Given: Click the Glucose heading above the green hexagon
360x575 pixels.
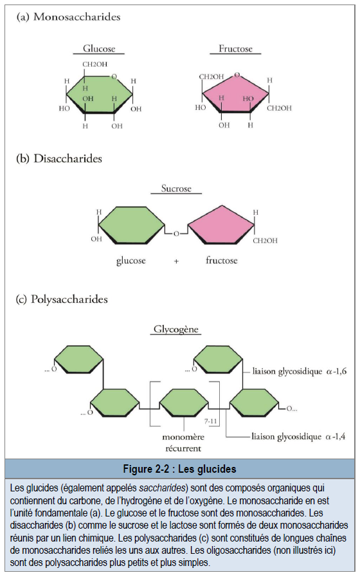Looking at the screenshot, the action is [x=99, y=49].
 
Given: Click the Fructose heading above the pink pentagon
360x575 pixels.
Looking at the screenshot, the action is [x=236, y=49].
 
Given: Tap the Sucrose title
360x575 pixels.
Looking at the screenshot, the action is [x=176, y=188].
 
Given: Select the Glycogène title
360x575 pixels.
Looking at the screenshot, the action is [x=176, y=329].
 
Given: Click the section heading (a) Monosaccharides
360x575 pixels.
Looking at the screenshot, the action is [x=69, y=17].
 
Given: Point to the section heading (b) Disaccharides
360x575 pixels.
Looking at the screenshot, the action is [x=59, y=158].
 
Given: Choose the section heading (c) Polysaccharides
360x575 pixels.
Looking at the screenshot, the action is [x=62, y=299].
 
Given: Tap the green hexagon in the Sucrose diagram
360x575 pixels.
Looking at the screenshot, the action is [x=132, y=225].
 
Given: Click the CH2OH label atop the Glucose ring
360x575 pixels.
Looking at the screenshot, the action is [x=95, y=64].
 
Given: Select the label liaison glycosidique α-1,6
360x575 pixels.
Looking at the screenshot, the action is [x=300, y=372].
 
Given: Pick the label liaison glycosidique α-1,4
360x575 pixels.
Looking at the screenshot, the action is [x=298, y=437].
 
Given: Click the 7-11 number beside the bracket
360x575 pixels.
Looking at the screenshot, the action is [x=211, y=421].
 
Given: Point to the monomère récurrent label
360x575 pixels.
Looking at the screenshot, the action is [x=183, y=443].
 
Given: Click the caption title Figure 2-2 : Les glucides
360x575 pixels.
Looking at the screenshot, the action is [x=179, y=469].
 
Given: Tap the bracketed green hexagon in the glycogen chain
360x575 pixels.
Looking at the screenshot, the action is [x=184, y=403].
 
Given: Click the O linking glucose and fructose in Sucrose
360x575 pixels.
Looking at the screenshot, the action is [x=176, y=233].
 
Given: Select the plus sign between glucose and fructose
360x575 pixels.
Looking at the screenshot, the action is [x=176, y=262].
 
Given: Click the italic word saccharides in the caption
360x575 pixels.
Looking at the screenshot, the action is [x=162, y=488].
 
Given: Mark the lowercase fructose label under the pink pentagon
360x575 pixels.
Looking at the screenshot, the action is [x=221, y=260].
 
